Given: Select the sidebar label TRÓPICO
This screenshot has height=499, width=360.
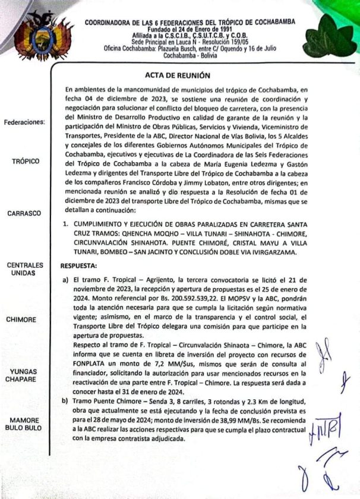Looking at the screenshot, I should (x=24, y=161).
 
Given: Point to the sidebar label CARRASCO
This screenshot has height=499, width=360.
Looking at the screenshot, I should (x=24, y=213).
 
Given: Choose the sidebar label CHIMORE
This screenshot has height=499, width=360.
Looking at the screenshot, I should (x=24, y=319).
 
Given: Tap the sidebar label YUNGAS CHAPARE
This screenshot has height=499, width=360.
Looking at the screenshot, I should (x=24, y=375).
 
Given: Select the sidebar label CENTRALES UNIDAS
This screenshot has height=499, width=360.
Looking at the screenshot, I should (x=24, y=268).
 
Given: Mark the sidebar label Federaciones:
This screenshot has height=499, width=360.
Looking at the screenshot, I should (x=24, y=123).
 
